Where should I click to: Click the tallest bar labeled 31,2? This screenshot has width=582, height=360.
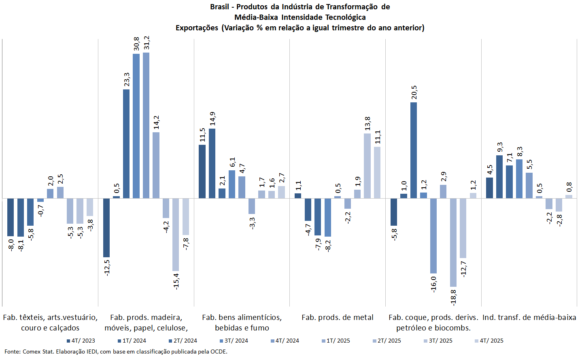point(146,125)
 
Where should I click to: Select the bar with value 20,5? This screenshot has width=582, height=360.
point(414,150)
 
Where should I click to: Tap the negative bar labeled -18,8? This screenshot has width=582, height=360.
point(453,242)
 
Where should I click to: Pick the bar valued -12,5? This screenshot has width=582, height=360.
point(106,227)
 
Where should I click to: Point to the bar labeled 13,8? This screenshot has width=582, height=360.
point(367,166)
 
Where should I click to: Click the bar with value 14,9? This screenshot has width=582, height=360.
point(212,163)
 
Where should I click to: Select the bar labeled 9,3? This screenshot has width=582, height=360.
point(499,177)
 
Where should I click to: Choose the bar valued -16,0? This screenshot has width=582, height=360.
point(433,236)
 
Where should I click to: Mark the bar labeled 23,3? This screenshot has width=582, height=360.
point(126,144)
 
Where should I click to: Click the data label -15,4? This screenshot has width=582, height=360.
point(176,281)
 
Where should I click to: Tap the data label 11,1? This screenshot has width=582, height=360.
point(378,137)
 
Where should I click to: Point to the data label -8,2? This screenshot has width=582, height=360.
point(328,246)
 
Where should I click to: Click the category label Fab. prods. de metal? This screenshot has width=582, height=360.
point(338,318)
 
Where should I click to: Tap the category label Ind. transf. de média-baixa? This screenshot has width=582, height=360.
point(529,318)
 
